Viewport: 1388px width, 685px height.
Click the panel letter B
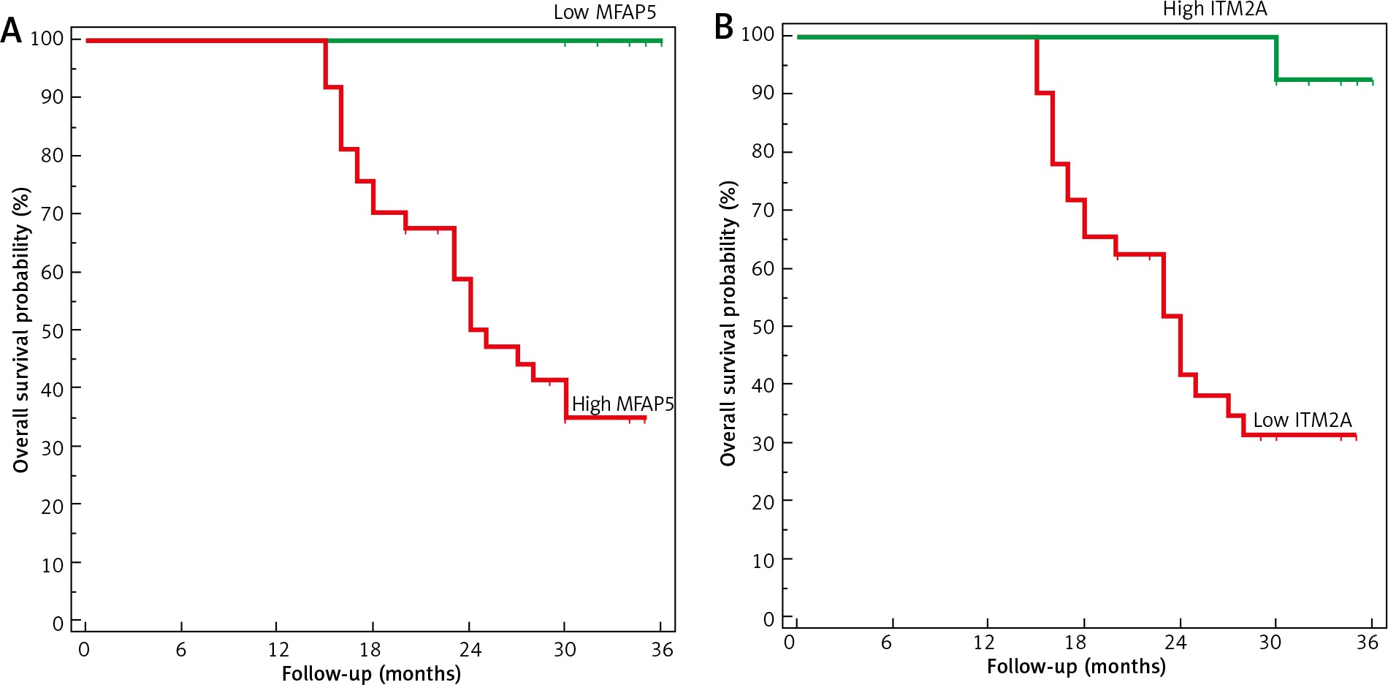723,27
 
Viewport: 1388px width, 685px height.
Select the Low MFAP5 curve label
604,12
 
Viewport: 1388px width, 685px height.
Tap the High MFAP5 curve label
622,404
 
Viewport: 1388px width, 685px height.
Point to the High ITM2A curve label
1214,10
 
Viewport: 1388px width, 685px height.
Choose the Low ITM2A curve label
1302,420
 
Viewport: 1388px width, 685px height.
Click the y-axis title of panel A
22,330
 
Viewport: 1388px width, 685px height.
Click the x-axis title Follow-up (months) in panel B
1075,667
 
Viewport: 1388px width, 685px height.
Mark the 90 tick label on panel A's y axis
52,97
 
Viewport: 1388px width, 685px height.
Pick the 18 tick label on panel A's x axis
370,650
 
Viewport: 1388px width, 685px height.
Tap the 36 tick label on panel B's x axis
1367,643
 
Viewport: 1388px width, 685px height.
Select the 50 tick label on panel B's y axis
763,327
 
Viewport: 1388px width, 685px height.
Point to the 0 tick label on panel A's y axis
58,624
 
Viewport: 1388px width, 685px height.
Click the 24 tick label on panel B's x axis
1175,643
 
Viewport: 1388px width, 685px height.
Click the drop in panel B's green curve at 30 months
1276,58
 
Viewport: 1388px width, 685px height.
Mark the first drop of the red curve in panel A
325,64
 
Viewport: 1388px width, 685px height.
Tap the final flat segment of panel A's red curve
606,418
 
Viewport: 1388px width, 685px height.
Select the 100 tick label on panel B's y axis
758,35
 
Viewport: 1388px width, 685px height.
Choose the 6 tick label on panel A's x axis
180,650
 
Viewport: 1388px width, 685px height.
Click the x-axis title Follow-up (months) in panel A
371,673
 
